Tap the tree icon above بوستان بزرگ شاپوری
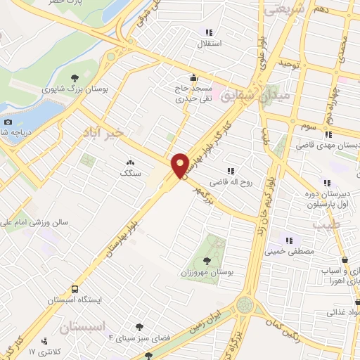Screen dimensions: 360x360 (x=74, y=77)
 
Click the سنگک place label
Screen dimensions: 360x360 (x=131, y=172)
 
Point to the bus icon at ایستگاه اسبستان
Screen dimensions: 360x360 (x=75, y=289)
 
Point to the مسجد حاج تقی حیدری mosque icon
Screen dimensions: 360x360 (x=194, y=77)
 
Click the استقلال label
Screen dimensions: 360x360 (x=209, y=42)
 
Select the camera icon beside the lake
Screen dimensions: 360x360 (x=8, y=122)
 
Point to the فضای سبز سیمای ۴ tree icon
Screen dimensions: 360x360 (x=140, y=326)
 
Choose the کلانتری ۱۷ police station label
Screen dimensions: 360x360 (x=42, y=350)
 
